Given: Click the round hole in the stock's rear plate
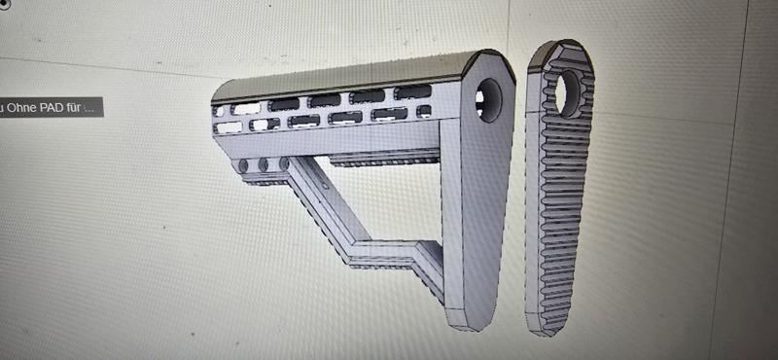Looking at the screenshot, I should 489,99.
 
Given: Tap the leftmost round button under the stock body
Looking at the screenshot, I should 243,165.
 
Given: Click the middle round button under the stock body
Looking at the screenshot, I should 264,164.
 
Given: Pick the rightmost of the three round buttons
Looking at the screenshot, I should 284,163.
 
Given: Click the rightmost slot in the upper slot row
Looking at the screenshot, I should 413,92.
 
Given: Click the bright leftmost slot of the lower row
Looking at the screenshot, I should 229,127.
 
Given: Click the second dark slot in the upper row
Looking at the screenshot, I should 285,103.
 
